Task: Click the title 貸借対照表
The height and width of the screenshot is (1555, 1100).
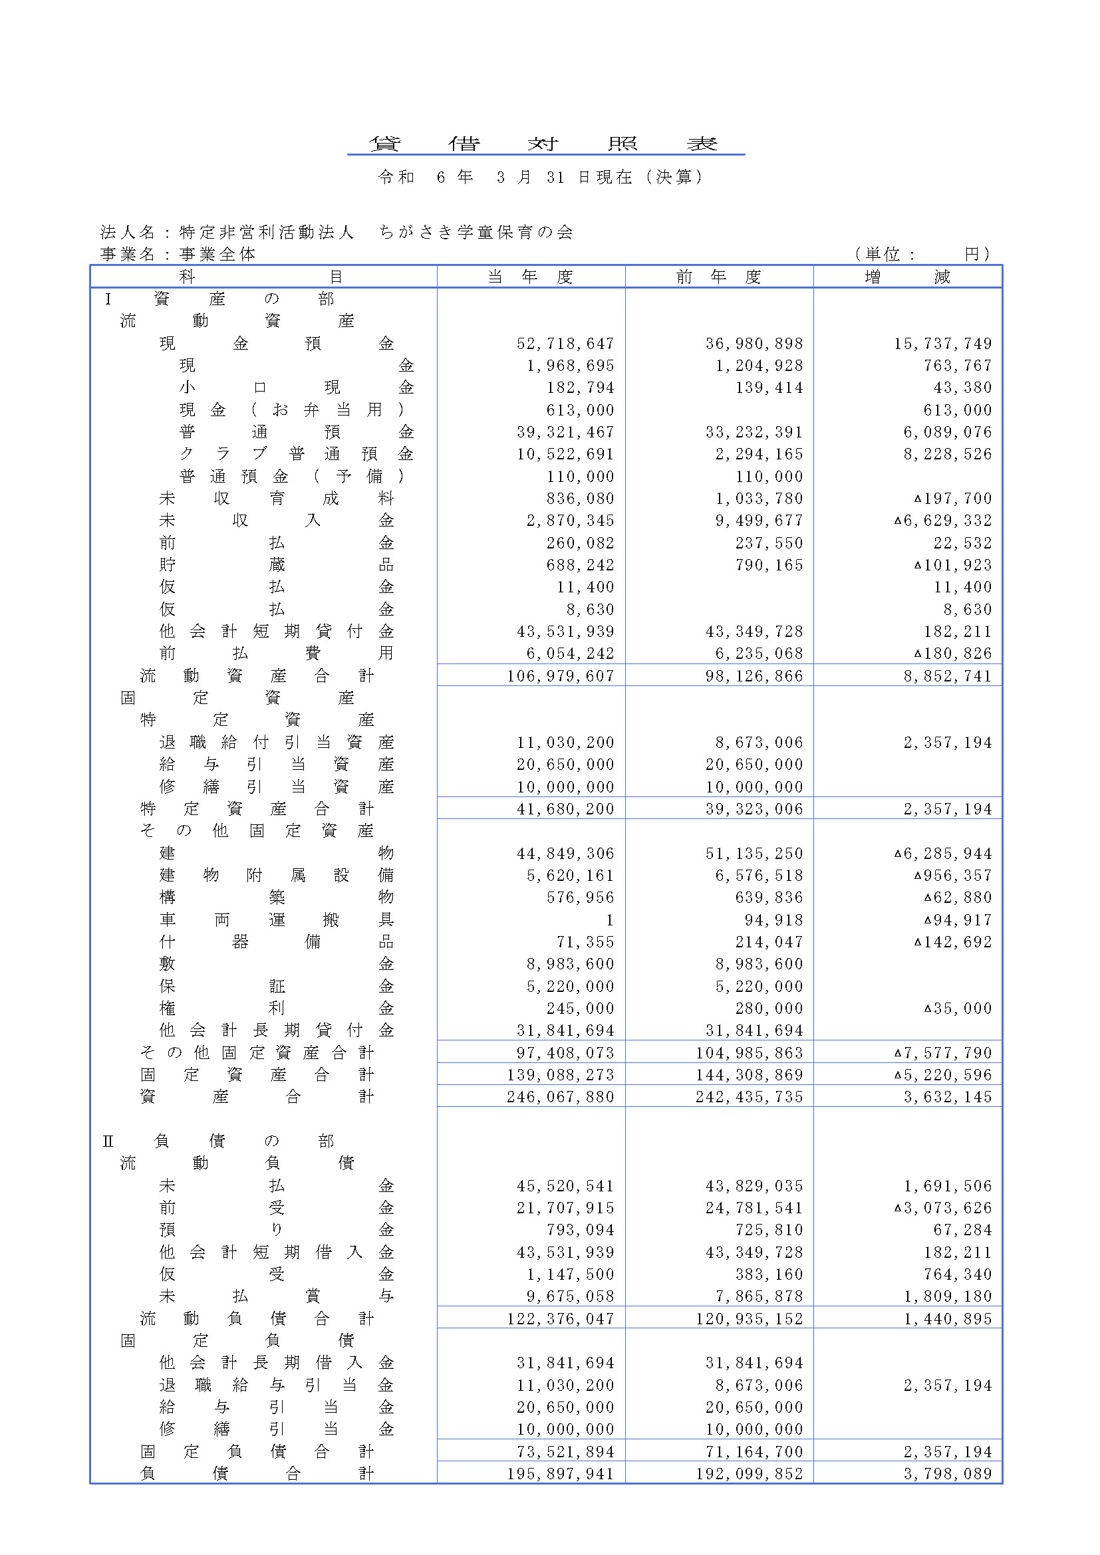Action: (545, 144)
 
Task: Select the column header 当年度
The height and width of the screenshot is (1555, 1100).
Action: (530, 277)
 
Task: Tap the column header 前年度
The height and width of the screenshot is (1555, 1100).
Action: (719, 277)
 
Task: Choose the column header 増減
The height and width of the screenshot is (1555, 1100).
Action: (907, 277)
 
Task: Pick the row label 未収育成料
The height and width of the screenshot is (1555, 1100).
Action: (277, 499)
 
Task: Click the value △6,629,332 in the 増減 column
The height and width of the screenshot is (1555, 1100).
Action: (942, 521)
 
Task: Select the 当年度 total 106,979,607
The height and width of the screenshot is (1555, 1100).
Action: (560, 676)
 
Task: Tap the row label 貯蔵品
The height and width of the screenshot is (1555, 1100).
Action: (277, 565)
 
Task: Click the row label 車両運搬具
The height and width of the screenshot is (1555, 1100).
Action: (277, 919)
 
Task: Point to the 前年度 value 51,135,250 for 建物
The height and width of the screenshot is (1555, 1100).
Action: (754, 854)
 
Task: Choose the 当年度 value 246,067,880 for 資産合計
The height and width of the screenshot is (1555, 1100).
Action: (560, 1096)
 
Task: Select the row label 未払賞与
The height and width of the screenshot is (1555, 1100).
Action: (277, 1296)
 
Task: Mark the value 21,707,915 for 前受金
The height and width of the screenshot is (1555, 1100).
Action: (565, 1207)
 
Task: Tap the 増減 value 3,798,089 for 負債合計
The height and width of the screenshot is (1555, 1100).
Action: (947, 1474)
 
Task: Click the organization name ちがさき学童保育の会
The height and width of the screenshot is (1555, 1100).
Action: (476, 232)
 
